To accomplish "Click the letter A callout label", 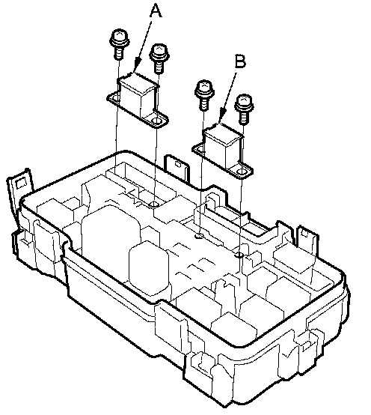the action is tap(156, 11).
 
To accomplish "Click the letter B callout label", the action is tap(240, 61).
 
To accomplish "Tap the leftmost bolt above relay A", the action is tap(120, 44).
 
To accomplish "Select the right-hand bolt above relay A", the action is tap(159, 58).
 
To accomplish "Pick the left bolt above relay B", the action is tap(204, 94).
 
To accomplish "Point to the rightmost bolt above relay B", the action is tap(244, 109).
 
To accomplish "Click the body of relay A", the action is tap(138, 95).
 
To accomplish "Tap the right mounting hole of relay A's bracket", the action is tap(158, 121).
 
